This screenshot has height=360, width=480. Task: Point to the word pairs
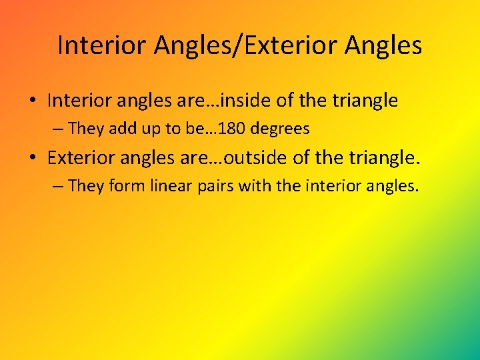(217, 185)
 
